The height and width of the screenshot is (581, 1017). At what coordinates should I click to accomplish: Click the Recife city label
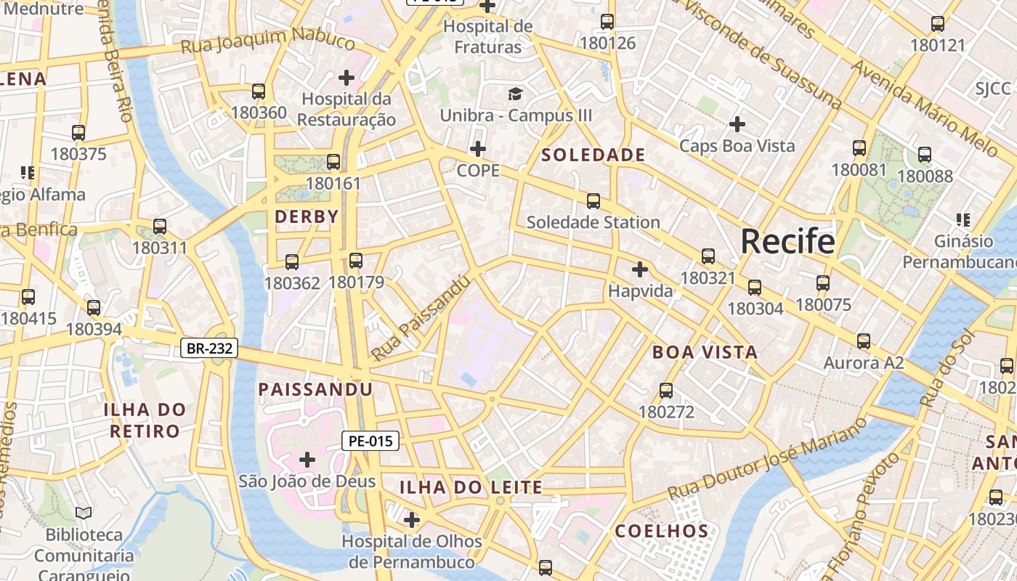(x=787, y=241)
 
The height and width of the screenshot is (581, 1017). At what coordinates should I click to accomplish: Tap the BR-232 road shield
(x=209, y=349)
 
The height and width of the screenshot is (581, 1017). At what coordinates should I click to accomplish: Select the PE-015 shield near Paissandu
(x=370, y=440)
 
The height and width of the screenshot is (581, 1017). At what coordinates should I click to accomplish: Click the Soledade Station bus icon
(x=593, y=201)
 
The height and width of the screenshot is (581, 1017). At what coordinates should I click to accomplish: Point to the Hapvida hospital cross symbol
(x=639, y=270)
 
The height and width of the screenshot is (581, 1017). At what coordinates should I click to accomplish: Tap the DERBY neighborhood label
(x=307, y=216)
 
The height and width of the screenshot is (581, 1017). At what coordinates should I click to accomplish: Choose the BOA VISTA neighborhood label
(x=705, y=352)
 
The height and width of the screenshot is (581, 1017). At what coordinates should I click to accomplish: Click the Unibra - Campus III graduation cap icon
(x=515, y=94)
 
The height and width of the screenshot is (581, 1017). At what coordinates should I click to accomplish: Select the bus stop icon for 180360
(x=259, y=92)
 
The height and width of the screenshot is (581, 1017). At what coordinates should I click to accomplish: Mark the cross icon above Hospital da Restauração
(x=347, y=77)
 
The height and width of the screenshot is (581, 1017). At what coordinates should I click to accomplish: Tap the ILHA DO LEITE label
(x=471, y=487)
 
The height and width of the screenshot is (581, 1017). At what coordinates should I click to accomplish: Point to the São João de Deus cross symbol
(x=307, y=459)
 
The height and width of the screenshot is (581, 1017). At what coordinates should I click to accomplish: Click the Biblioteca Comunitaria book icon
(x=84, y=513)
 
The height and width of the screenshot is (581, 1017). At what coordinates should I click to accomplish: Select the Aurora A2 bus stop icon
(x=863, y=341)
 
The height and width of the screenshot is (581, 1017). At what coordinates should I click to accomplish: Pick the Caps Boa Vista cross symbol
(x=737, y=124)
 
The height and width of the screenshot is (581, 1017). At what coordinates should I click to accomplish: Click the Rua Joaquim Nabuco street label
(x=267, y=40)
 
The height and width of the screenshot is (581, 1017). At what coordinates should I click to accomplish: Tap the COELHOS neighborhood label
(x=662, y=531)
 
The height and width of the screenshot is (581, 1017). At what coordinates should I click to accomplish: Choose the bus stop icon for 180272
(x=666, y=391)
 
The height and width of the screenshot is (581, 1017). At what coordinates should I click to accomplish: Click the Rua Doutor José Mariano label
(x=767, y=458)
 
